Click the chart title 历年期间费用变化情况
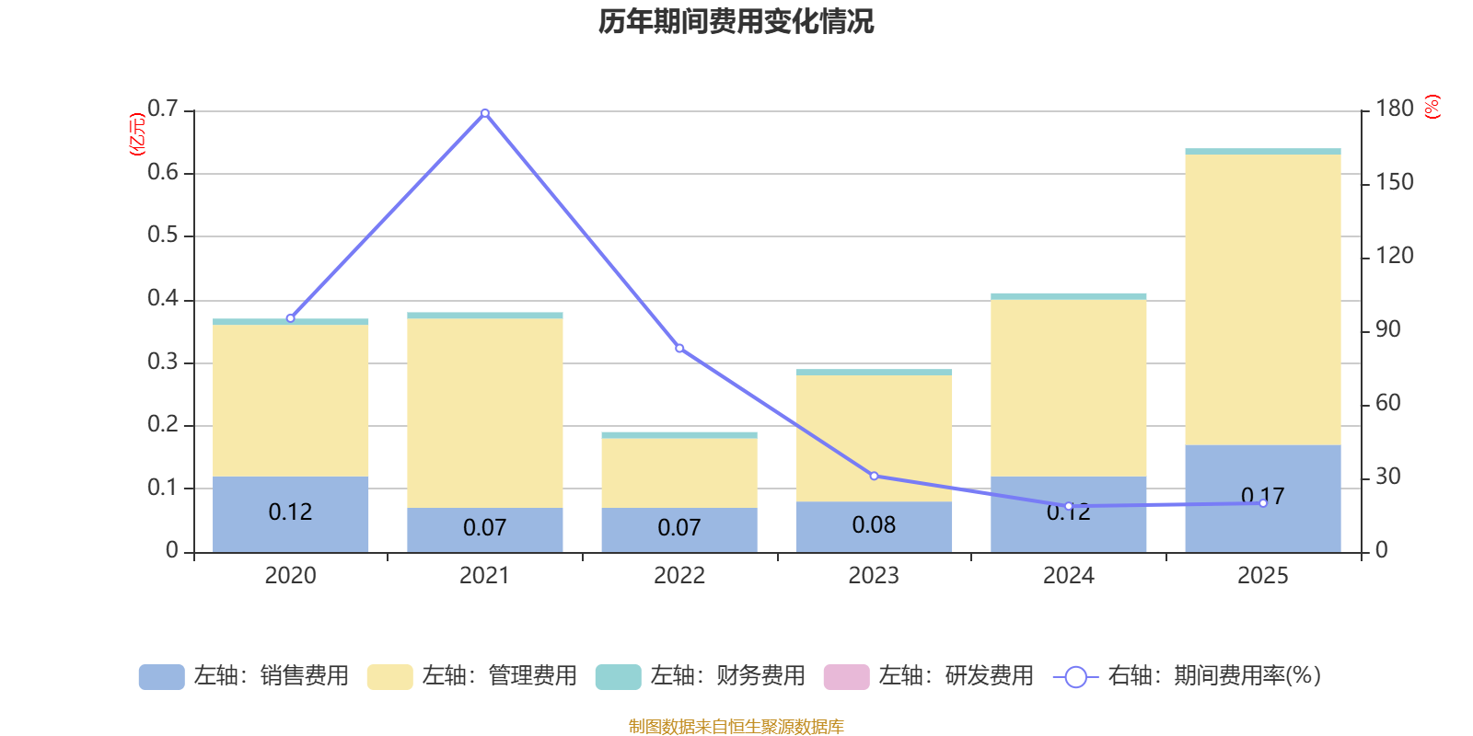tap(736, 21)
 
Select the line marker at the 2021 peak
tap(485, 112)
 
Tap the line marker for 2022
tap(679, 349)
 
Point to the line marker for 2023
tap(874, 476)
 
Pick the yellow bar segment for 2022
tap(679, 473)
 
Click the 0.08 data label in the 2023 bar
tap(874, 524)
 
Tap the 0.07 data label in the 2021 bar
tap(485, 527)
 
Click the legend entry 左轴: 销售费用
tap(244, 676)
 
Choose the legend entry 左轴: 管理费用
tap(472, 676)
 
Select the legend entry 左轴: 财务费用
tap(701, 676)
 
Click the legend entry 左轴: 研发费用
tap(929, 676)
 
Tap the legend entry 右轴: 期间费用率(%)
tap(1188, 676)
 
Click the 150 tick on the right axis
tap(1395, 182)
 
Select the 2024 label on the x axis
tap(1068, 576)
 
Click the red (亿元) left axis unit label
tap(138, 134)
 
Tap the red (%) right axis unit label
tap(1432, 107)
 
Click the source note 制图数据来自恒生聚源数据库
tap(736, 727)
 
